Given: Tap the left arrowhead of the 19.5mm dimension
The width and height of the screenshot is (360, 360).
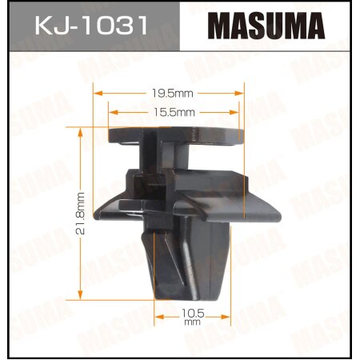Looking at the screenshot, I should (97, 92).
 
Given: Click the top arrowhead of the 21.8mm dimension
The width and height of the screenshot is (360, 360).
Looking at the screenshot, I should (81, 129).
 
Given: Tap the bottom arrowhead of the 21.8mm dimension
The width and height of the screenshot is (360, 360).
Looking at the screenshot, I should (81, 295).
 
